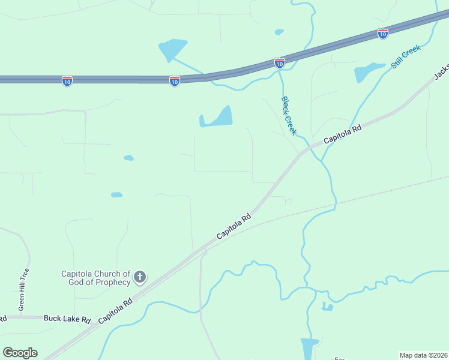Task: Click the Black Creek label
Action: coord(289,115)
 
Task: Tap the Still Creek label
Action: coord(406,56)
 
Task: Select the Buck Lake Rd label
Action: coord(67,319)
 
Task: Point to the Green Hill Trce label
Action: coord(24,289)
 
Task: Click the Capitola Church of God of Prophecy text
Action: coord(96,278)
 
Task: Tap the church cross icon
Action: coord(140,277)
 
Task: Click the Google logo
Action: coord(20,353)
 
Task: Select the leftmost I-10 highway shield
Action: coord(67,81)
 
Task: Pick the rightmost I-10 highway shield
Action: coord(383,34)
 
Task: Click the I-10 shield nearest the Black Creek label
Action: coord(280,62)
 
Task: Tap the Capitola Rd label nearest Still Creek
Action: coord(343,134)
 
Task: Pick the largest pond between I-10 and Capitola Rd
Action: coord(217,118)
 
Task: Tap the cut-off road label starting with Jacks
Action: coord(441,70)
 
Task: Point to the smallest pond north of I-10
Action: coord(279,32)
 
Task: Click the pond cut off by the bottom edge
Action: coord(309,349)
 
